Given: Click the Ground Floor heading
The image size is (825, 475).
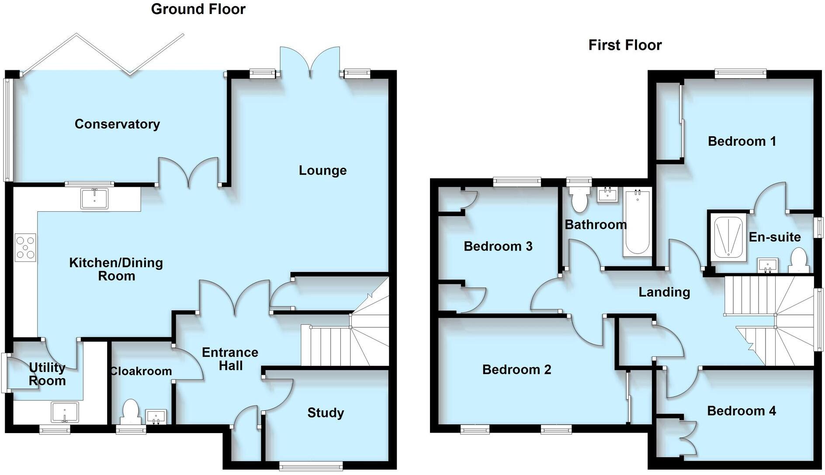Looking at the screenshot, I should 198,9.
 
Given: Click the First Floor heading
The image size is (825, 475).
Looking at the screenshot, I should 624,45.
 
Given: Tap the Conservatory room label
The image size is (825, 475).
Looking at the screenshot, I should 117,124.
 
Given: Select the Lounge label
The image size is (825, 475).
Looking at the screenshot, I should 322,170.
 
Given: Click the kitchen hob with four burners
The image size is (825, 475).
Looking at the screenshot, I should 25,248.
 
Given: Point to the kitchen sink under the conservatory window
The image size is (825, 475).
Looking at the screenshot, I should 94,198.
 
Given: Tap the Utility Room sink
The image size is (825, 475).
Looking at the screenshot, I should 65,413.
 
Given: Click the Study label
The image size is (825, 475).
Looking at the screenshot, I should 326,413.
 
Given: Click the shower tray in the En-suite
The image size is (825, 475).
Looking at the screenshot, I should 728,237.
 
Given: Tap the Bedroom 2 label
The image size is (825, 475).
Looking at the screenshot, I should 516,370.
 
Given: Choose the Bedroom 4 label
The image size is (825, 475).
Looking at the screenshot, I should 741,411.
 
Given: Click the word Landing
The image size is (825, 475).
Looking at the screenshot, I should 664,292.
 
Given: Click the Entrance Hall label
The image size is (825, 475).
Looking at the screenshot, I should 230,359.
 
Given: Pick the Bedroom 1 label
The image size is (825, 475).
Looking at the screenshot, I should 742,141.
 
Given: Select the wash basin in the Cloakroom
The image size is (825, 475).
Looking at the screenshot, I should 156,416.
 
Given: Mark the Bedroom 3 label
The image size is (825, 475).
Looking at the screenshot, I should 498,247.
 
